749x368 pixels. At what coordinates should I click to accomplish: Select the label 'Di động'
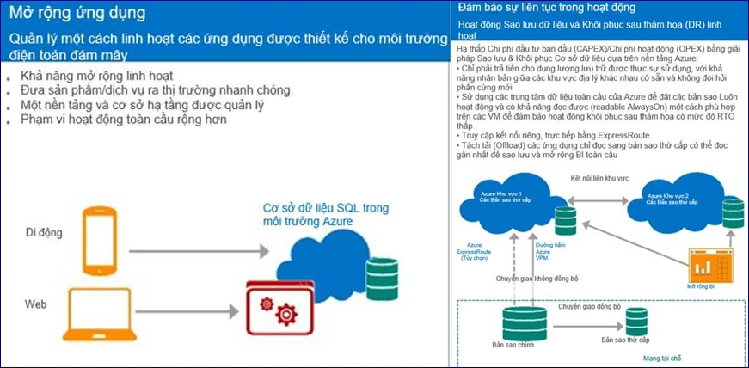click(44, 233)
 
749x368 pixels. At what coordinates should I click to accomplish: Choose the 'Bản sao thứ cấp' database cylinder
click(636, 321)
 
